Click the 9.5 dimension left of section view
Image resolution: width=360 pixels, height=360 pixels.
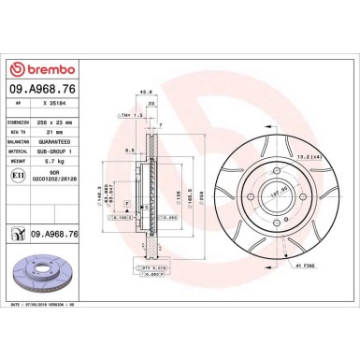[129, 149]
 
